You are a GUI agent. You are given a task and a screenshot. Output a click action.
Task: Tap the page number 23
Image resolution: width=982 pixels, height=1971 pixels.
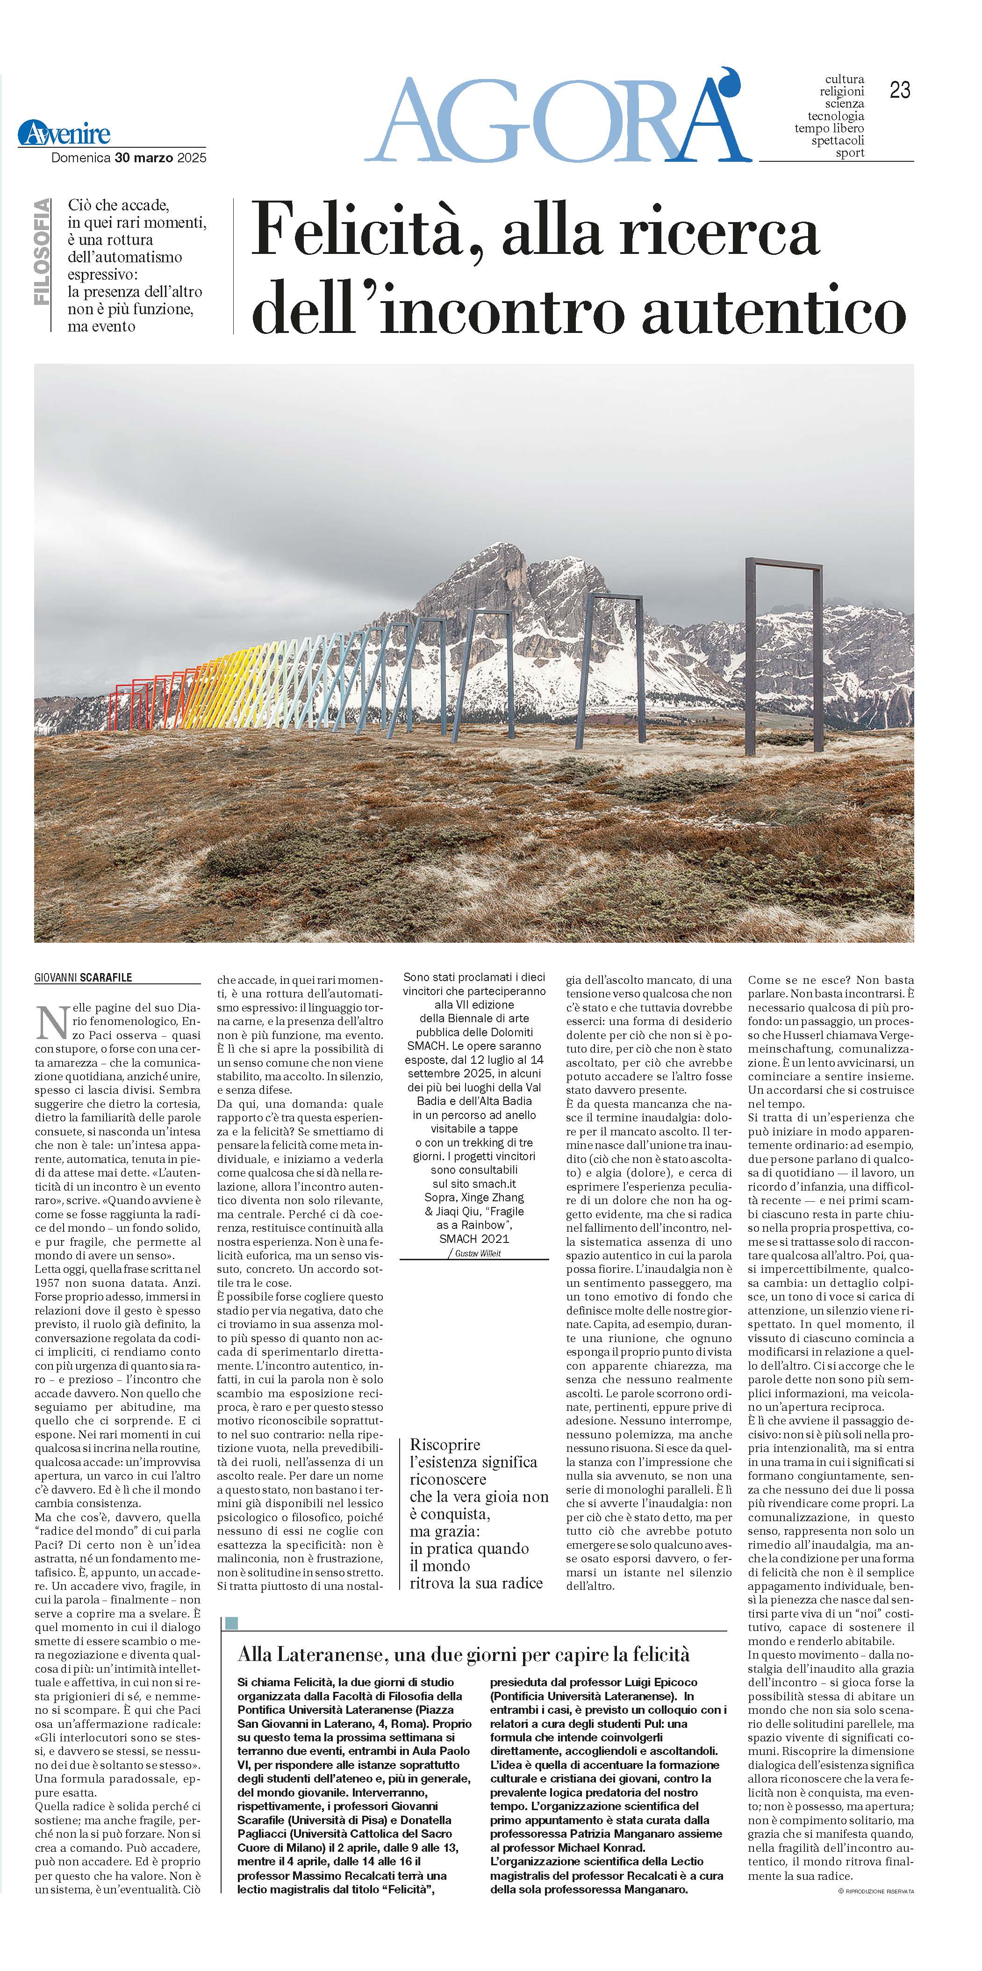(899, 90)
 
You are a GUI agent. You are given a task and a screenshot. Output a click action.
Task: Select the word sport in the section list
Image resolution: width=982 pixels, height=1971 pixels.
(850, 153)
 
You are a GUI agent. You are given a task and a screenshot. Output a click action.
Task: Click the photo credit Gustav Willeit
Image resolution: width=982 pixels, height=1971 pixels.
(478, 1253)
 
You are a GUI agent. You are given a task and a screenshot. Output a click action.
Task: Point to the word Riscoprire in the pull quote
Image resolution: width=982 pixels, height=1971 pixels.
(445, 1444)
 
